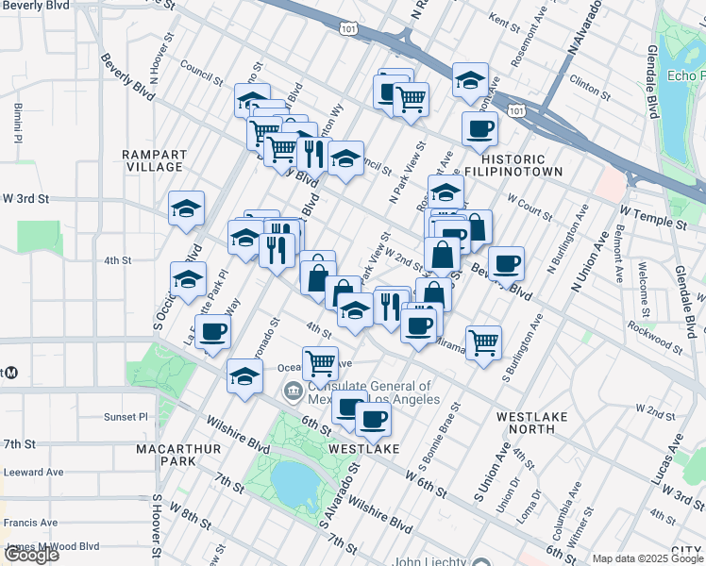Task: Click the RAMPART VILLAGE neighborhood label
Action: click(x=154, y=160)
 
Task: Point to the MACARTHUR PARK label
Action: click(x=165, y=455)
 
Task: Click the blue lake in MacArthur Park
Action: click(x=294, y=484)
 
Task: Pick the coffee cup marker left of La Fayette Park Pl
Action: click(x=214, y=332)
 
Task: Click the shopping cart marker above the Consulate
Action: click(x=321, y=361)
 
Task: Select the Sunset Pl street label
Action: click(x=126, y=415)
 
